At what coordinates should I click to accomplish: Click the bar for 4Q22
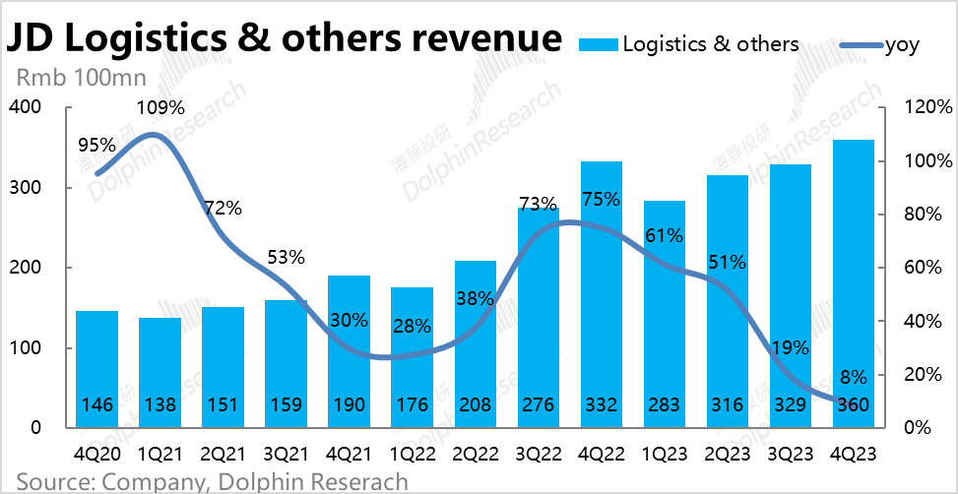pos(602,295)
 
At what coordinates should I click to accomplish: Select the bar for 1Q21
pos(160,373)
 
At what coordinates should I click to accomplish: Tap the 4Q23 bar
pos(854,284)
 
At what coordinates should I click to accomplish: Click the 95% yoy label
pos(96,145)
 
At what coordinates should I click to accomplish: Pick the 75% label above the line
pos(601,199)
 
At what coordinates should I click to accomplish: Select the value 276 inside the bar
pos(538,404)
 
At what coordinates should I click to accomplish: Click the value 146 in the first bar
pos(96,404)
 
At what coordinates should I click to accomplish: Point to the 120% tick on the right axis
pos(925,107)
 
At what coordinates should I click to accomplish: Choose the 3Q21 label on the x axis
pos(286,456)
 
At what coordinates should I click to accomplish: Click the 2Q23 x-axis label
pos(728,456)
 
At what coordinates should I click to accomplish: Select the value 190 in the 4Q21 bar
pos(349,404)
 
